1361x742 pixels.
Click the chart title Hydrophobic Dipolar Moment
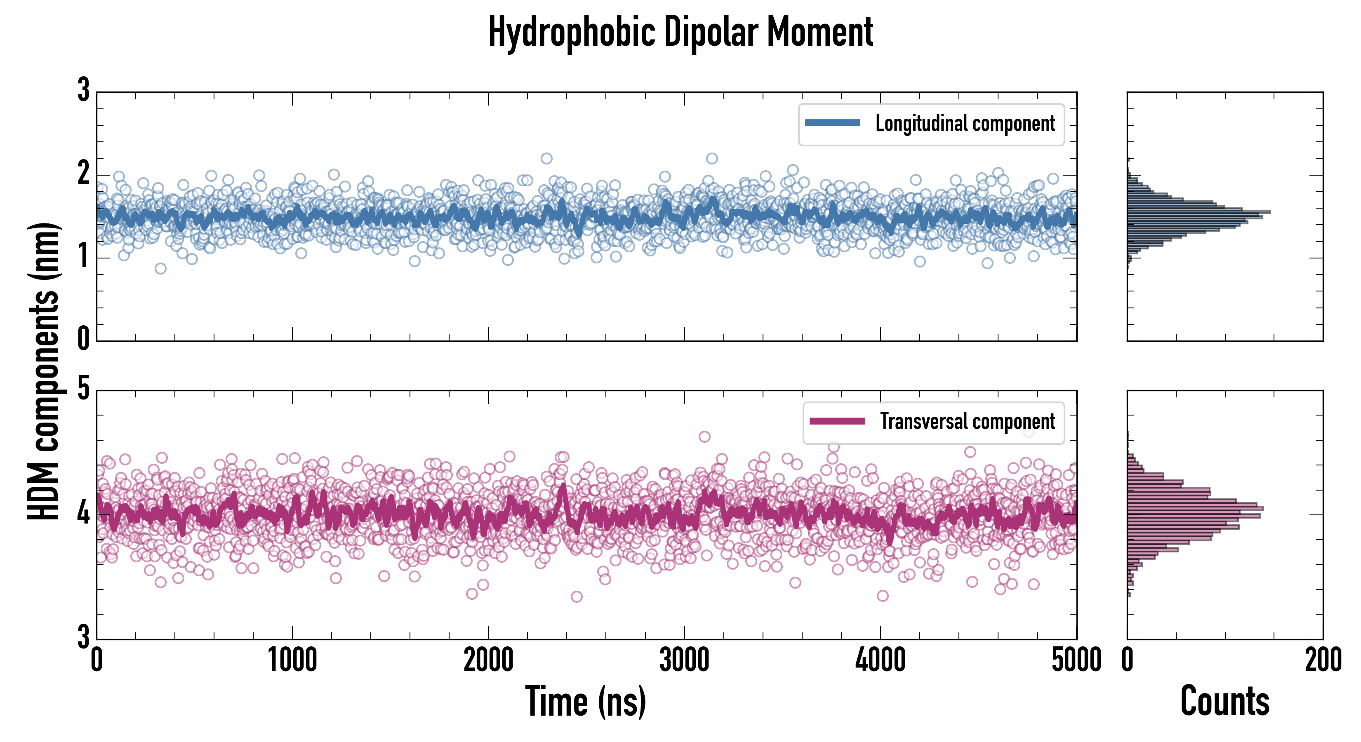click(x=680, y=32)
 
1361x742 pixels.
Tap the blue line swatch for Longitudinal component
click(x=832, y=123)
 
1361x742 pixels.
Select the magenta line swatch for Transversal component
click(x=836, y=421)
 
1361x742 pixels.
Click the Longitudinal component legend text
click(x=965, y=124)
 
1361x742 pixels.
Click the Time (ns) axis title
click(x=585, y=701)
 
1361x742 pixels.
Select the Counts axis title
click(x=1224, y=701)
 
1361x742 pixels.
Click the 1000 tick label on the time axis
click(x=292, y=660)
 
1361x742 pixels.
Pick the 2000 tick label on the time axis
click(x=488, y=660)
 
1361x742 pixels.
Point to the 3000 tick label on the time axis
click(x=684, y=660)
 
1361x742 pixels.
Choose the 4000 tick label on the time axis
click(x=880, y=660)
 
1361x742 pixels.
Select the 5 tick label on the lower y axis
click(x=83, y=390)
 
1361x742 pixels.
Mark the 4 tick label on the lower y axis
click(x=83, y=513)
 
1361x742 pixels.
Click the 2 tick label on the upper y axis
click(x=83, y=174)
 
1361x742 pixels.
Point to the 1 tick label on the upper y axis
click(x=83, y=257)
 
